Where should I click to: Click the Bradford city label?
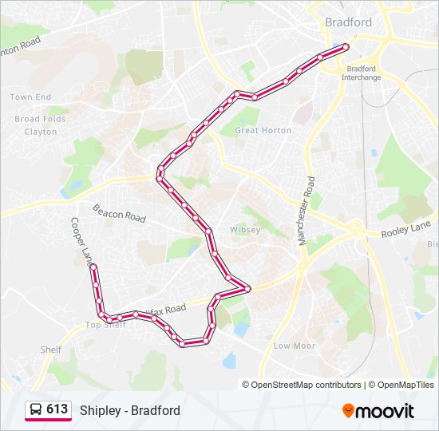point(348,22)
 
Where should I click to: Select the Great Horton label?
point(263,130)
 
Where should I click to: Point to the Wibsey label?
point(245,230)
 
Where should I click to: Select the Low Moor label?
point(294,346)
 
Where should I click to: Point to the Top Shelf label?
point(105,325)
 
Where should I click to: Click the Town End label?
point(30,97)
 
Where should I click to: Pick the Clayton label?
point(41,132)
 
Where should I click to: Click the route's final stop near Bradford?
point(346,47)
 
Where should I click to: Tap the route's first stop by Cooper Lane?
point(93,266)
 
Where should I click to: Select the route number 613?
point(57,409)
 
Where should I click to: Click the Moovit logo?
point(378,411)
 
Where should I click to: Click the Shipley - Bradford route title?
point(130,410)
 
